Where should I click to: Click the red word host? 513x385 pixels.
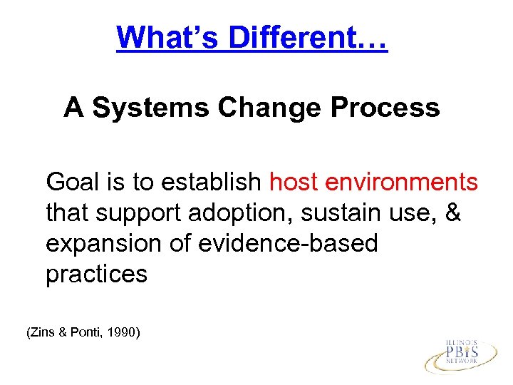click(x=294, y=183)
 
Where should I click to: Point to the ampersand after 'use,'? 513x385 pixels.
click(x=452, y=213)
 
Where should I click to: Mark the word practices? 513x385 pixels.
click(x=96, y=274)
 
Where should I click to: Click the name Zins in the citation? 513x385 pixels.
click(x=42, y=332)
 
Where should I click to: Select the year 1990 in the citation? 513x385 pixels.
click(x=124, y=332)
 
